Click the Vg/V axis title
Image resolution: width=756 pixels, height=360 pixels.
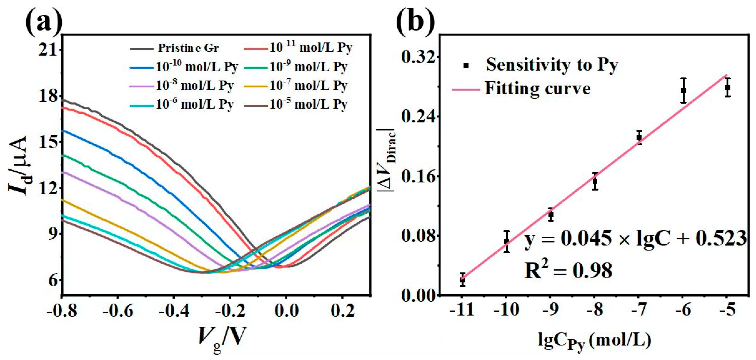tap(222, 337)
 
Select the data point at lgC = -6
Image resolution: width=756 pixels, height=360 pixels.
tap(684, 90)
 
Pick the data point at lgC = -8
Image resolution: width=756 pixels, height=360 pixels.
tap(595, 181)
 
